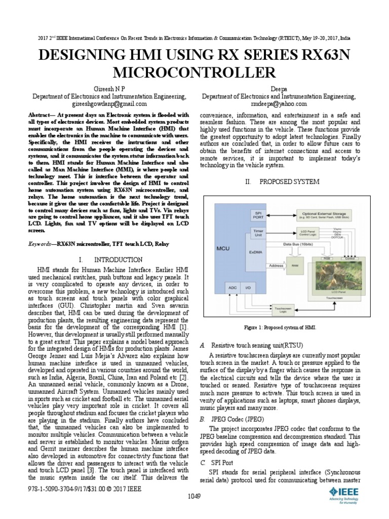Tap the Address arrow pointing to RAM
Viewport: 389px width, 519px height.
click(x=277, y=266)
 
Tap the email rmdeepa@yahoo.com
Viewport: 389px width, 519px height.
click(x=279, y=102)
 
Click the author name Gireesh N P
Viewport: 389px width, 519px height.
click(x=109, y=87)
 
